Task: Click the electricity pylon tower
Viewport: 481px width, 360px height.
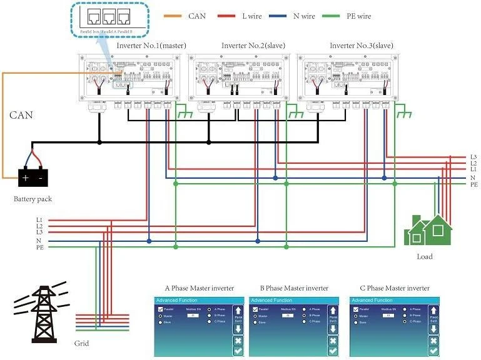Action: (x=42, y=314)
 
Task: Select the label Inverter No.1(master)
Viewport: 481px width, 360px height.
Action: (x=151, y=45)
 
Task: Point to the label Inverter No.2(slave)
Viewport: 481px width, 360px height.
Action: (x=256, y=45)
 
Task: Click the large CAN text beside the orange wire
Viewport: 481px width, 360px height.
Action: (x=21, y=115)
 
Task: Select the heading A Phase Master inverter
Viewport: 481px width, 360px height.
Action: (x=199, y=288)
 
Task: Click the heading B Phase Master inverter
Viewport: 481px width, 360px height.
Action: (x=293, y=288)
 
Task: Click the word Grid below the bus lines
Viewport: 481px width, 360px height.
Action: (x=81, y=343)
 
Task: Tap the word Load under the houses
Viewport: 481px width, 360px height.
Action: (x=425, y=256)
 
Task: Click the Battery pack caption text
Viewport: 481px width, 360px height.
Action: (x=33, y=199)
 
